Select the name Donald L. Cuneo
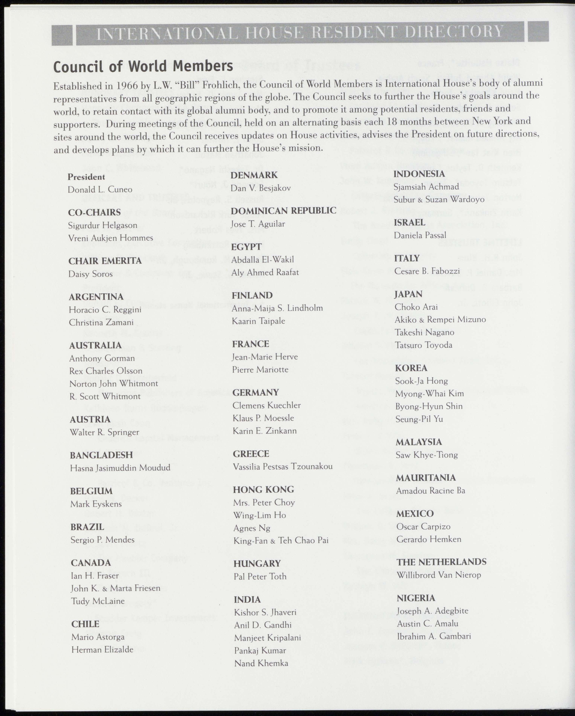[x=100, y=190]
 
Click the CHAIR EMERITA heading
[x=105, y=261]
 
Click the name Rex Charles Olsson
[x=106, y=371]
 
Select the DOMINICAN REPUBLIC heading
[x=283, y=210]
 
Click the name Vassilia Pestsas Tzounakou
[x=283, y=467]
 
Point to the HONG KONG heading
[x=263, y=490]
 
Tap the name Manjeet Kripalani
[x=267, y=638]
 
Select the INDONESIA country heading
[x=419, y=174]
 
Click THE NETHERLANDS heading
[x=441, y=562]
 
